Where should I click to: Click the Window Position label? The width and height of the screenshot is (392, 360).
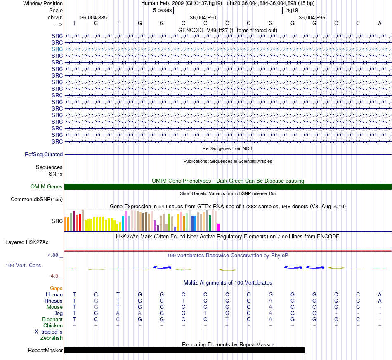pyautogui.click(x=43, y=3)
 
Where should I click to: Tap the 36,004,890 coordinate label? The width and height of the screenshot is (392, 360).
pyautogui.click(x=203, y=17)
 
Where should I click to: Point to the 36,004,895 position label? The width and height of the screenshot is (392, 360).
pyautogui.click(x=312, y=17)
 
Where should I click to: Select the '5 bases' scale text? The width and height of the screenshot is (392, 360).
pyautogui.click(x=162, y=10)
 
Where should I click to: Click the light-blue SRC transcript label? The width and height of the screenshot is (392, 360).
pyautogui.click(x=57, y=49)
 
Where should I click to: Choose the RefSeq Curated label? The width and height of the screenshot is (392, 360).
pyautogui.click(x=44, y=154)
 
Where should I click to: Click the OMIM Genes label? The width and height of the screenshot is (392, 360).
pyautogui.click(x=47, y=187)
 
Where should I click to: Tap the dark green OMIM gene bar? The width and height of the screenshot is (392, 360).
pyautogui.click(x=228, y=187)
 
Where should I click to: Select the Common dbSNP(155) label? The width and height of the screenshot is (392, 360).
pyautogui.click(x=37, y=199)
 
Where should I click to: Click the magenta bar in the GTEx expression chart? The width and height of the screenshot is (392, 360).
pyautogui.click(x=219, y=227)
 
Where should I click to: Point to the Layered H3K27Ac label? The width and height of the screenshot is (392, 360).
pyautogui.click(x=27, y=242)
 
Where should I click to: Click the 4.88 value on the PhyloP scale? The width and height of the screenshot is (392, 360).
pyautogui.click(x=53, y=255)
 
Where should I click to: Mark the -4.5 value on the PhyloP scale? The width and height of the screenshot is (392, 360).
pyautogui.click(x=54, y=276)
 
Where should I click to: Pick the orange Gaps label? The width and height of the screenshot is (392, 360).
pyautogui.click(x=56, y=289)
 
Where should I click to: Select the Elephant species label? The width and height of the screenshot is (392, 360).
pyautogui.click(x=52, y=320)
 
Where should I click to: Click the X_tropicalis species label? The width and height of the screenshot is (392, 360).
pyautogui.click(x=49, y=332)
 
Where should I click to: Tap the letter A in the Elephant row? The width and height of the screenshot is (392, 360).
pyautogui.click(x=271, y=320)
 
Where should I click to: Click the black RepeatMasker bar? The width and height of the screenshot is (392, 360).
pyautogui.click(x=184, y=350)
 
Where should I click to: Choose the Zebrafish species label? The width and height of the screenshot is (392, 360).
pyautogui.click(x=52, y=338)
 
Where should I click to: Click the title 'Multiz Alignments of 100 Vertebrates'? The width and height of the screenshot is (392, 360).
pyautogui.click(x=228, y=283)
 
